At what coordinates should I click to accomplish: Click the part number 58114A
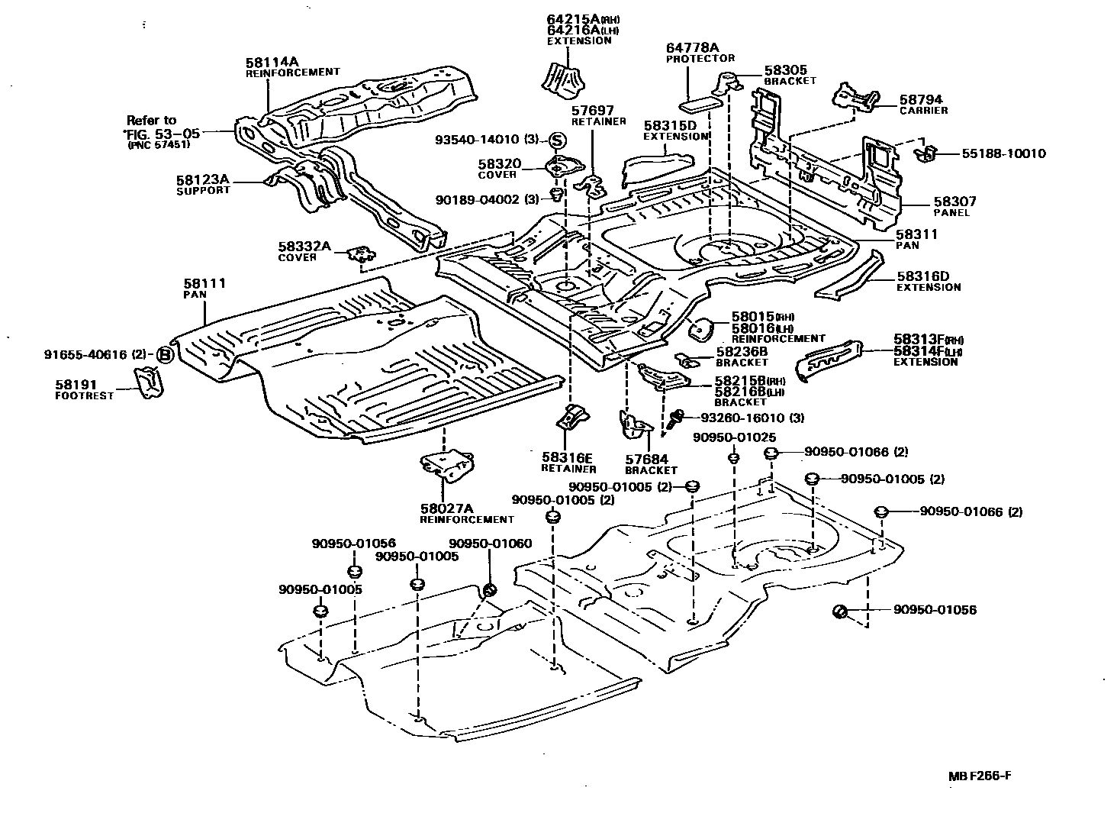(x=272, y=62)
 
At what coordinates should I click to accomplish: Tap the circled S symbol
(x=557, y=140)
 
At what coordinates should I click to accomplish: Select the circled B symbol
(x=164, y=354)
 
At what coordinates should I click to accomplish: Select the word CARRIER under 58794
(x=923, y=111)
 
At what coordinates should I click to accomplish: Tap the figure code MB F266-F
(x=980, y=776)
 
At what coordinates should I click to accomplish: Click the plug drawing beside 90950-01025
(x=733, y=458)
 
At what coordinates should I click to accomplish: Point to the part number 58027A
(x=446, y=508)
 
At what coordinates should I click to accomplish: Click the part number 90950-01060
(x=490, y=544)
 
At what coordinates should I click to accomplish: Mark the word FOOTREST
(x=84, y=396)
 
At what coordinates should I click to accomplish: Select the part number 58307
(x=954, y=202)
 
